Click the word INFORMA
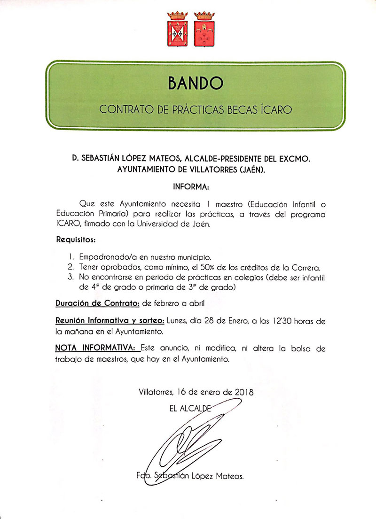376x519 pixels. tap(191, 186)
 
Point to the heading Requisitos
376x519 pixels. tap(76, 240)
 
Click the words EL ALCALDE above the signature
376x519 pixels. tap(190, 409)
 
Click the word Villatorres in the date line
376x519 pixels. tap(157, 392)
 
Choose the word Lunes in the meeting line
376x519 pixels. tap(178, 321)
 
